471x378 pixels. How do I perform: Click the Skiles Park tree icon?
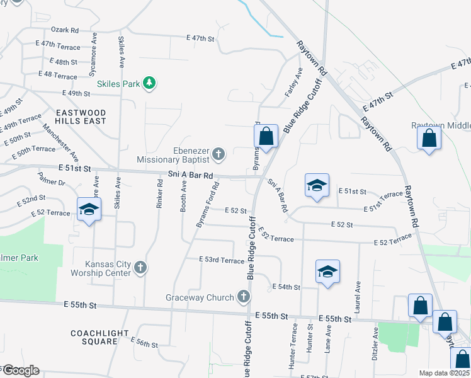click(149, 83)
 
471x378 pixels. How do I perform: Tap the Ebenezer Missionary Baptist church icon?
click(218, 154)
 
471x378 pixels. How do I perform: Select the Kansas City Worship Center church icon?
click(140, 268)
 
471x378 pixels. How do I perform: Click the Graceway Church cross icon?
click(244, 297)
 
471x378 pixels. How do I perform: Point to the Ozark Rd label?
click(65, 30)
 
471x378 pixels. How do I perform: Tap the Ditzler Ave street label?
click(375, 343)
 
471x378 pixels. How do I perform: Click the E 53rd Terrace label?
click(221, 260)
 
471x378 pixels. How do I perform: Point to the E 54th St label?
click(286, 287)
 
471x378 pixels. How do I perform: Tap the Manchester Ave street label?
click(61, 142)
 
